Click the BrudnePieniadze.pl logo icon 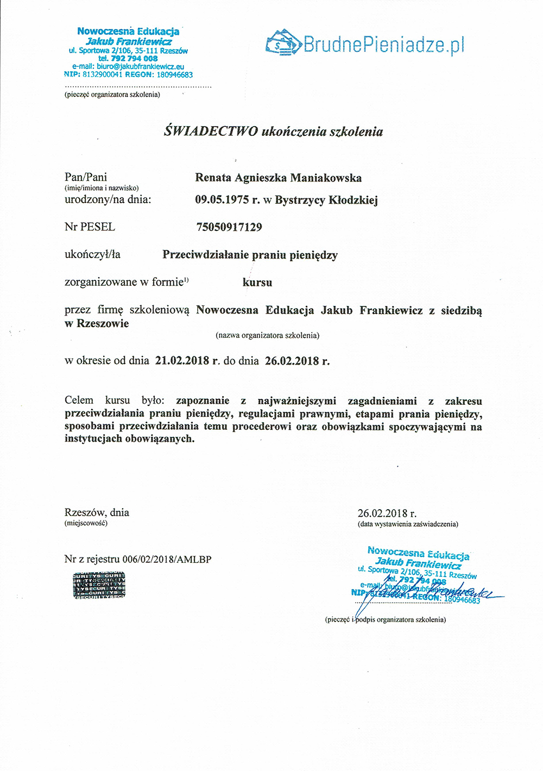[x=283, y=42]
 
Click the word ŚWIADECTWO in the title [x=211, y=131]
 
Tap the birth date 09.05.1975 [x=223, y=200]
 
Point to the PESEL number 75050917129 [x=229, y=227]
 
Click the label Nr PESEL [x=90, y=227]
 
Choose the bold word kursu [x=257, y=283]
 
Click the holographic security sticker [x=99, y=585]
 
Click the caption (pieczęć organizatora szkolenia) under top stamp [x=112, y=95]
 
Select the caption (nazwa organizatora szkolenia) [x=267, y=335]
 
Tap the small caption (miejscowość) [x=86, y=523]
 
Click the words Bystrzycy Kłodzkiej [x=326, y=200]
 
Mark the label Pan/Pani [x=86, y=177]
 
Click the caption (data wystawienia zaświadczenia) [x=408, y=524]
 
